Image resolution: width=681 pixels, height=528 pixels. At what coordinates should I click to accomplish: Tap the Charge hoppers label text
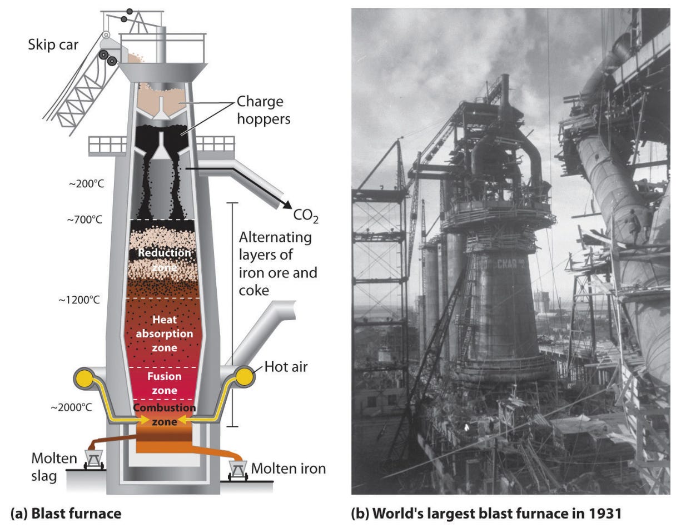pos(260,110)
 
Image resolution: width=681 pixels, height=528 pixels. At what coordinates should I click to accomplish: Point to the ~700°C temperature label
pos(84,221)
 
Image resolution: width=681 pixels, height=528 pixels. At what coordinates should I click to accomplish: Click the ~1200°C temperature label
pos(79,300)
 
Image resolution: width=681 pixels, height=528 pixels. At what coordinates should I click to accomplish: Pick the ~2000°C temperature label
pos(72,407)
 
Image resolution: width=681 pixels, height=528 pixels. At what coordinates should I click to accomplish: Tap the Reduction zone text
pos(164,260)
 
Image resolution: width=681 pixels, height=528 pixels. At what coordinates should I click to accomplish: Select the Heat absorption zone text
pos(164,333)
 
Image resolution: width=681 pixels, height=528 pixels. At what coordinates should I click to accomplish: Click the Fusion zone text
pos(164,383)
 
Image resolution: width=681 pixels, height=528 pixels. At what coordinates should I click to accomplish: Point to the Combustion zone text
pos(164,415)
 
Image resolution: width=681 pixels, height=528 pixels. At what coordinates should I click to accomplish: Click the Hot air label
pos(286,367)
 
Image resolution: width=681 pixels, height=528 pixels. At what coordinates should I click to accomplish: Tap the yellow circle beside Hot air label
pos(243,378)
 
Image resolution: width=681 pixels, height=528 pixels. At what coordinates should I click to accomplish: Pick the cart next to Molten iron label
pos(238,470)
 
